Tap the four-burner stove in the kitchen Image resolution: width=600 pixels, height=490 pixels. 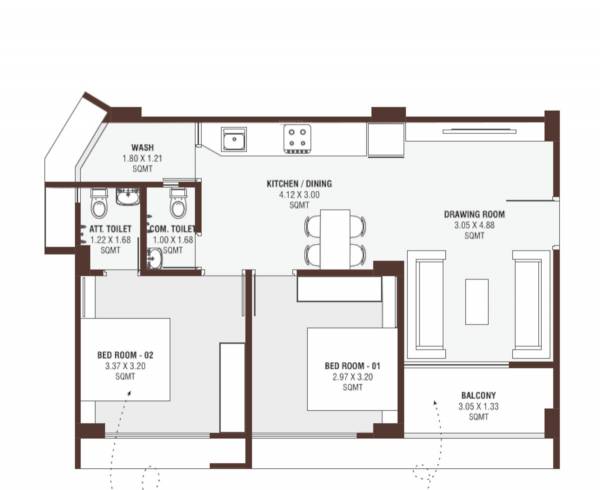pyautogui.click(x=296, y=138)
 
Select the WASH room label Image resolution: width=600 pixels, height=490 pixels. pyautogui.click(x=142, y=147)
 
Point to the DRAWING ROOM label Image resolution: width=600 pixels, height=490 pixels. pyautogui.click(x=475, y=215)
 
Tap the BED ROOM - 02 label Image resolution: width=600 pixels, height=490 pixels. pyautogui.click(x=124, y=356)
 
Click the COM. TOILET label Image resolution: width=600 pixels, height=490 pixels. pyautogui.click(x=172, y=229)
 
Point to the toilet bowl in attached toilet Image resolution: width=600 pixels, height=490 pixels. pyautogui.click(x=98, y=205)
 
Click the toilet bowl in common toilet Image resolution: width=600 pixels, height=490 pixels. pyautogui.click(x=178, y=205)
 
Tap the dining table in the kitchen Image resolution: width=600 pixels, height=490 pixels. pyautogui.click(x=336, y=238)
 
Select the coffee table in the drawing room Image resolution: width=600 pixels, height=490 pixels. pyautogui.click(x=476, y=301)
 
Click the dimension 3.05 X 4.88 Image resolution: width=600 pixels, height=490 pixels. pyautogui.click(x=475, y=226)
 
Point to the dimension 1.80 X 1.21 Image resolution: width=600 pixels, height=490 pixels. pyautogui.click(x=142, y=158)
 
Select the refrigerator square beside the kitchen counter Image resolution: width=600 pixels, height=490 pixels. pyautogui.click(x=384, y=139)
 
